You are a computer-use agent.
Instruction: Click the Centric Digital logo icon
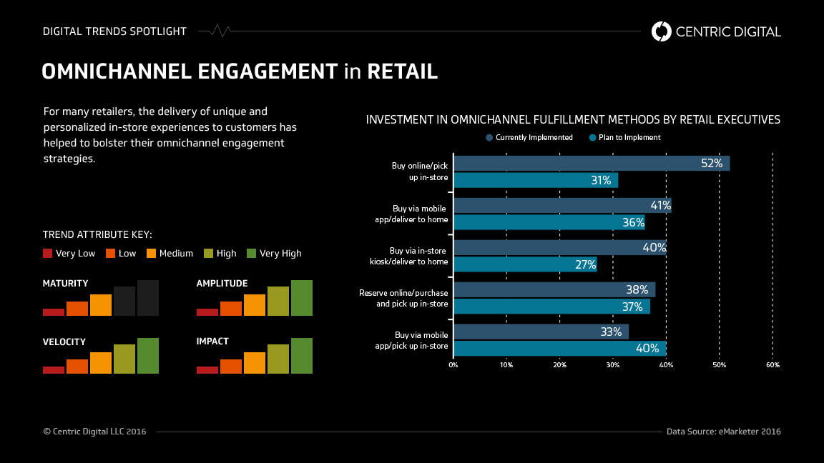[662, 31]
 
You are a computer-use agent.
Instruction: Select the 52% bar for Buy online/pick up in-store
[592, 163]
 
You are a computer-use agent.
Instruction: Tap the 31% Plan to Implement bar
[536, 180]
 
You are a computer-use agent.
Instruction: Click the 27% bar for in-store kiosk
[525, 264]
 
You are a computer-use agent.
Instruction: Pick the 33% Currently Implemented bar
[541, 332]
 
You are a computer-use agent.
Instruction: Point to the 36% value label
[633, 222]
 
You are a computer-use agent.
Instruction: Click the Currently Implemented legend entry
[529, 137]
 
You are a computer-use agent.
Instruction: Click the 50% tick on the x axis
[720, 365]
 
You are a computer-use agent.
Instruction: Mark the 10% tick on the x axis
[506, 365]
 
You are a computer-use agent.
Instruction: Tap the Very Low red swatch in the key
[48, 253]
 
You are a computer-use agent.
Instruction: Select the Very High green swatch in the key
[251, 253]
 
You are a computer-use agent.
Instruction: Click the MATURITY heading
[66, 284]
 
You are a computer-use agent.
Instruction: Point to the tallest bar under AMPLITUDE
[301, 298]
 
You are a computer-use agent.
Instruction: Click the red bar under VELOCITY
[54, 369]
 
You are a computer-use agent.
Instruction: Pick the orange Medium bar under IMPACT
[254, 362]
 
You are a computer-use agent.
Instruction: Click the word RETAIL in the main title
[403, 71]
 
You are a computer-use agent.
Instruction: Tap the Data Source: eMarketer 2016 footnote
[723, 432]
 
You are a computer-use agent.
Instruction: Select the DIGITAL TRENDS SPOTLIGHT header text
[114, 31]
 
